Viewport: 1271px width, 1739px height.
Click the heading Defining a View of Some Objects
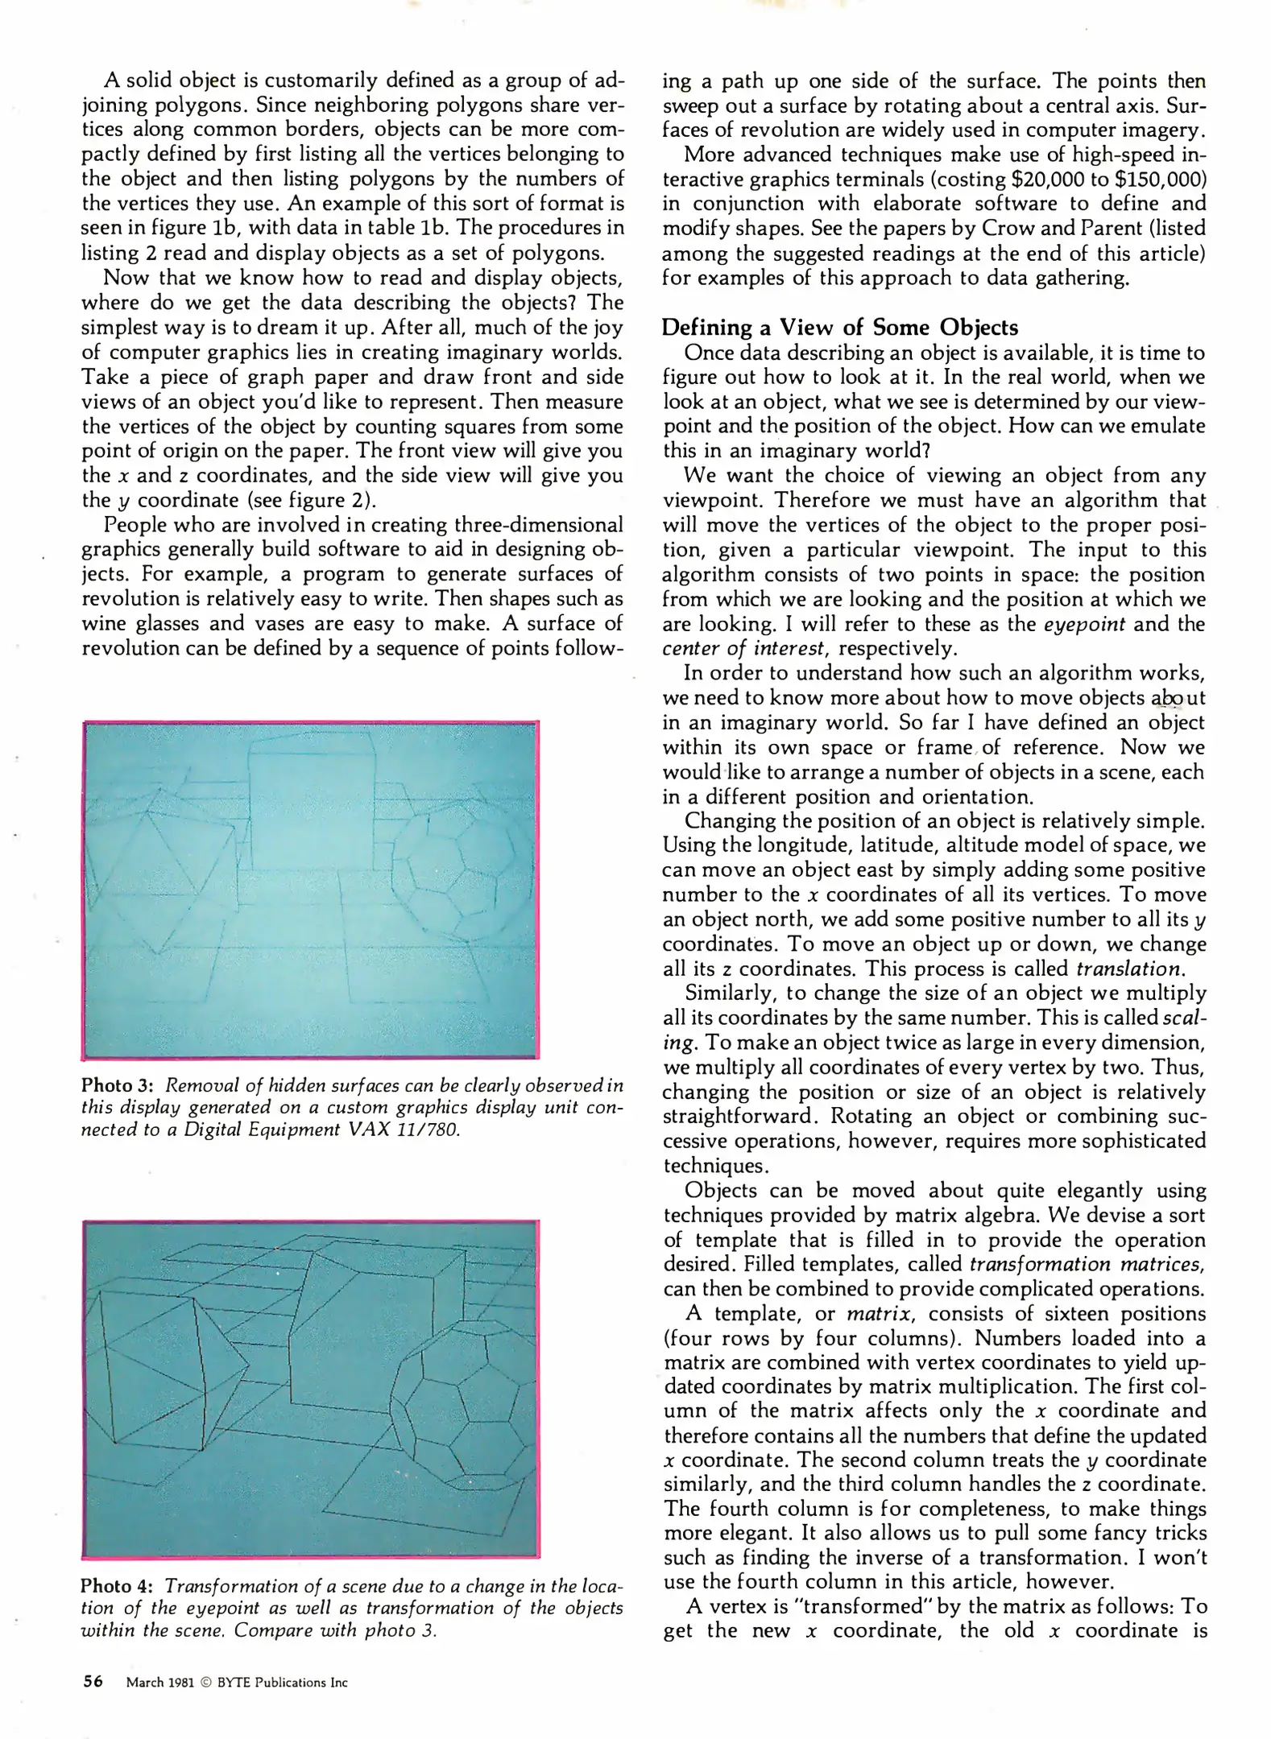[x=839, y=328]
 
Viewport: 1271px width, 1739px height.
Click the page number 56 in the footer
[x=93, y=1682]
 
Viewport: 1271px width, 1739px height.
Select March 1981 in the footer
[x=159, y=1683]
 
